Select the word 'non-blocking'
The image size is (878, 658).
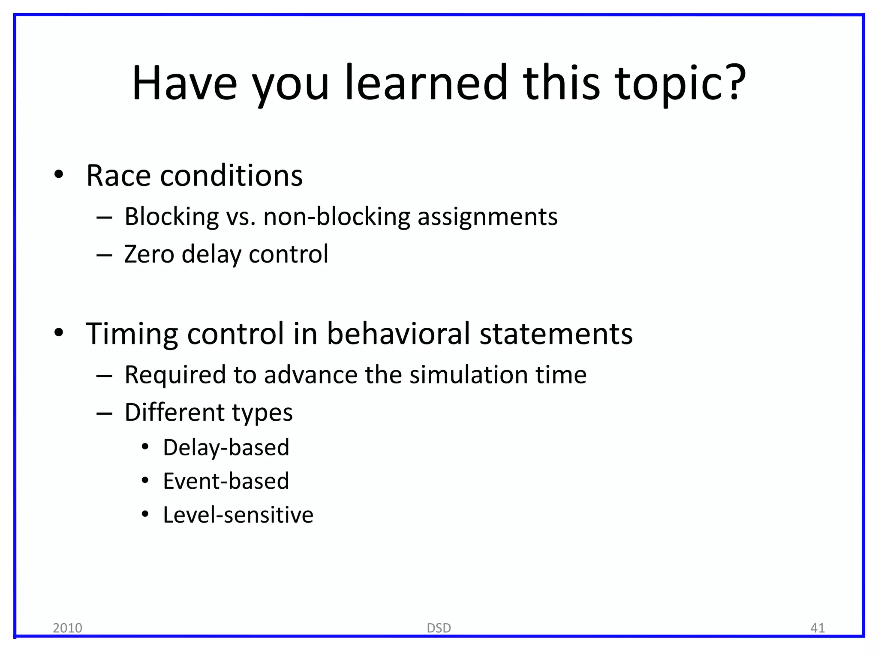[x=337, y=216]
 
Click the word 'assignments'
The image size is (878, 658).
[x=487, y=217]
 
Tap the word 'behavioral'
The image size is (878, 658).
[x=398, y=334]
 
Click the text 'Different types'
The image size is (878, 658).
[x=208, y=413]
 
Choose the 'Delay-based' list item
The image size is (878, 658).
[x=226, y=448]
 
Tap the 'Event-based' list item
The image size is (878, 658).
[x=226, y=481]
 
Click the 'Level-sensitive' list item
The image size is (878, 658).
[x=238, y=515]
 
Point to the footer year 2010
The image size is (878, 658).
[x=67, y=628]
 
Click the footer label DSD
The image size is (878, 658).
[x=439, y=628]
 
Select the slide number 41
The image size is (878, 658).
[x=818, y=628]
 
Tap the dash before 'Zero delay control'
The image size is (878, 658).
[x=104, y=255]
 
